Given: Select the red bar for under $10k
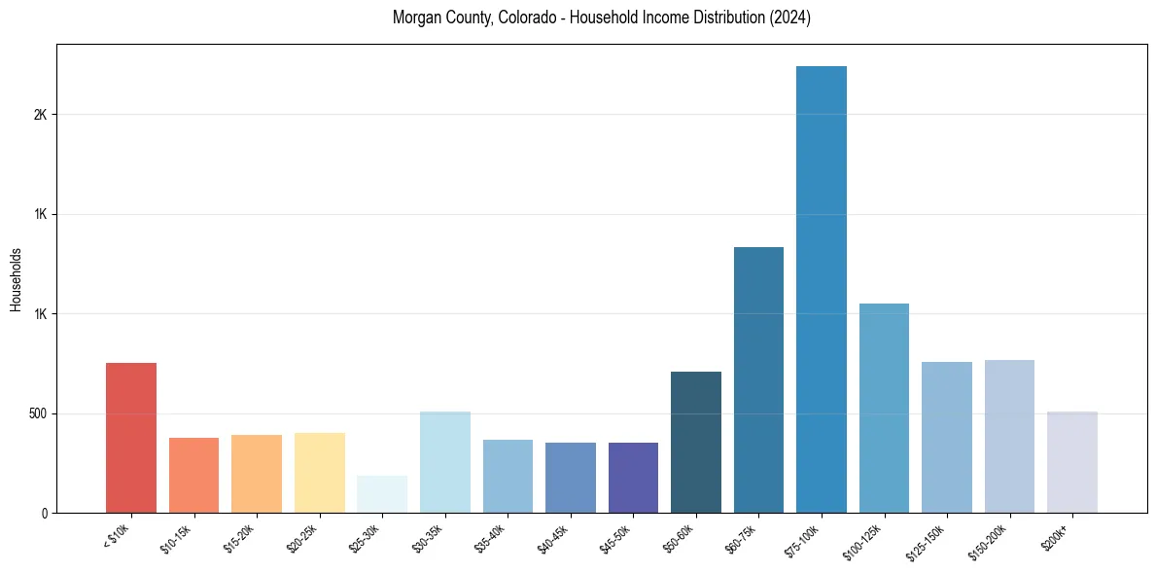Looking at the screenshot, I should pyautogui.click(x=131, y=438).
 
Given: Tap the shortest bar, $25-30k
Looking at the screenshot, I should pyautogui.click(x=382, y=494).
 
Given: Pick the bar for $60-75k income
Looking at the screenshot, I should pyautogui.click(x=758, y=379).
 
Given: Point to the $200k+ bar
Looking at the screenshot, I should pyautogui.click(x=1072, y=462).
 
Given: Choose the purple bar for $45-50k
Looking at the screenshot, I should pyautogui.click(x=633, y=478).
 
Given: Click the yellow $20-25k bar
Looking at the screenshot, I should pyautogui.click(x=320, y=473).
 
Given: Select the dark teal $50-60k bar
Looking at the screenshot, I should pyautogui.click(x=696, y=442).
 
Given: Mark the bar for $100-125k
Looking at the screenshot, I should pyautogui.click(x=884, y=408).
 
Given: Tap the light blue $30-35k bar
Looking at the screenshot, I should pyautogui.click(x=445, y=462).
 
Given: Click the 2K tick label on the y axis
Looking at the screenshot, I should pyautogui.click(x=40, y=115).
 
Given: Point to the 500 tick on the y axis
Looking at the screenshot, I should pyautogui.click(x=37, y=413).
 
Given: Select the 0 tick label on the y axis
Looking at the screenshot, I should pyautogui.click(x=44, y=513).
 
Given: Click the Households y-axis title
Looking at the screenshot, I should pyautogui.click(x=16, y=279).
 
